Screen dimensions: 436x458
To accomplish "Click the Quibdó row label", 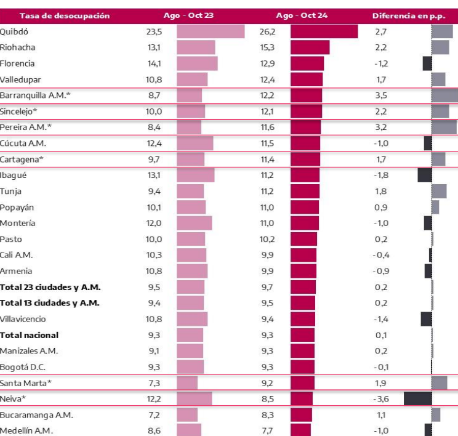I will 14,31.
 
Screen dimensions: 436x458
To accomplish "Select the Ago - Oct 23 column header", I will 188,15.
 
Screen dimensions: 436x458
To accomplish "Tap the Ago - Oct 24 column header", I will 302,15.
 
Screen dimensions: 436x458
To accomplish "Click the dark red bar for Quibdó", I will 324,31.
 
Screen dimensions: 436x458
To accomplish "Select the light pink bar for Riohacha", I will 196,47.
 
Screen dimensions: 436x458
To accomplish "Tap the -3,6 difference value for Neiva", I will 382,398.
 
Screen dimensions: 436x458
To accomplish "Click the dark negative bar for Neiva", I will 417,398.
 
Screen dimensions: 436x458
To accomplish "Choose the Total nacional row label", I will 30,335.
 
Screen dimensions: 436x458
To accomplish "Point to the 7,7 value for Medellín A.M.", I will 267,430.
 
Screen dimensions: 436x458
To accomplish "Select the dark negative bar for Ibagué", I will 425,176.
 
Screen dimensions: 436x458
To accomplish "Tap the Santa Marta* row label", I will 26,383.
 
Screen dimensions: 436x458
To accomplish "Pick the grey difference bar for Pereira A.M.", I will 444,127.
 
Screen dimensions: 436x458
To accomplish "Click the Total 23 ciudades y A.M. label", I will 50,287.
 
